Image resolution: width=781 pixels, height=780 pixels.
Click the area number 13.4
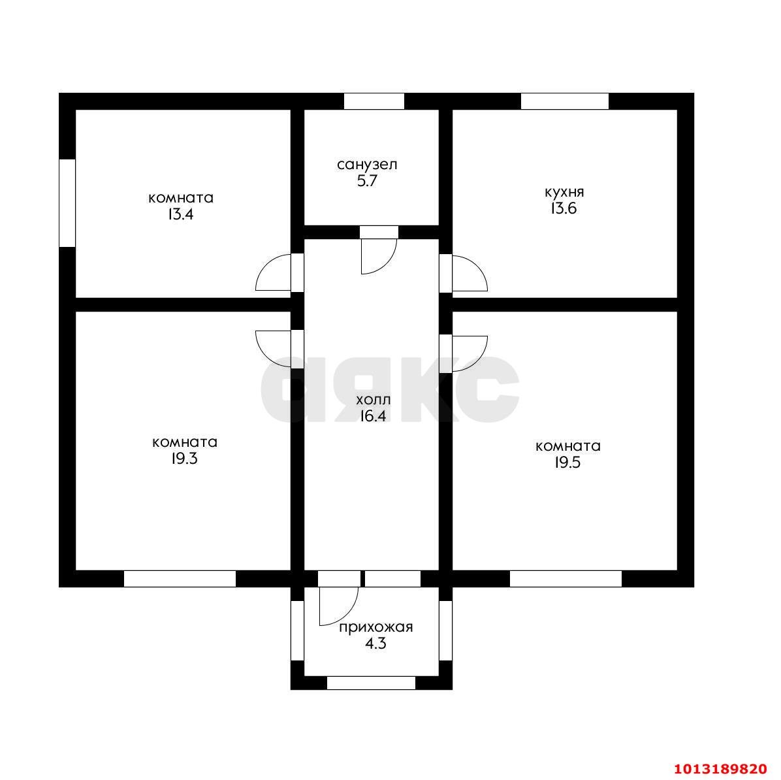click(x=180, y=215)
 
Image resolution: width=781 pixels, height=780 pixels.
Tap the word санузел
click(x=367, y=165)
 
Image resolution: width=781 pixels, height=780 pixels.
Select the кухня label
click(x=564, y=192)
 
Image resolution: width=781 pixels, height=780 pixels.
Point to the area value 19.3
click(x=184, y=459)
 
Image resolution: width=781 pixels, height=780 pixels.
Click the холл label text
click(x=374, y=400)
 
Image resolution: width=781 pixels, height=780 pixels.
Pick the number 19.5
click(x=568, y=463)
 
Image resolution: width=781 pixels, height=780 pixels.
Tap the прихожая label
click(x=376, y=627)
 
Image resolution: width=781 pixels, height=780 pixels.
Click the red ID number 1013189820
click(x=721, y=768)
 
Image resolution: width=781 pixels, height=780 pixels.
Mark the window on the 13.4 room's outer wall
click(x=67, y=203)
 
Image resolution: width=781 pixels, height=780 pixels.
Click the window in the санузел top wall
click(x=374, y=101)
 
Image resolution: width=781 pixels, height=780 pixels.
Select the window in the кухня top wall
click(x=565, y=101)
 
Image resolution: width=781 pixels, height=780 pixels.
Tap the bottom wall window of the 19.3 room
click(x=180, y=579)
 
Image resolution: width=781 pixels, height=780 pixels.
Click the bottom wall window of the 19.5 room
click(x=566, y=579)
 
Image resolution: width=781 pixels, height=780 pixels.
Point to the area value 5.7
click(x=367, y=181)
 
